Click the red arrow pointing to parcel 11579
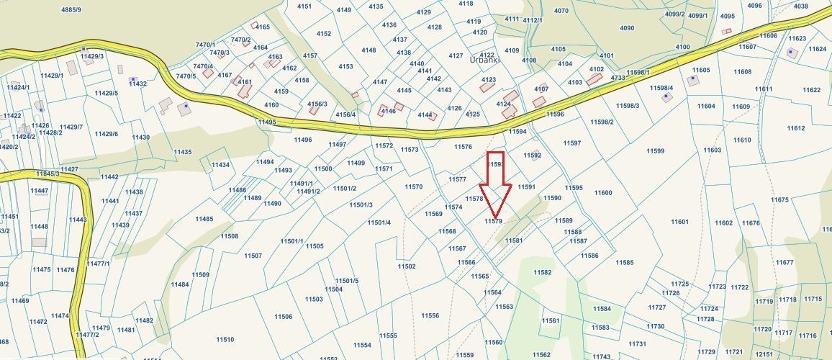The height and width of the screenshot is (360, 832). tap(495, 184)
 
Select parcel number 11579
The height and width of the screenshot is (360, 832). tap(493, 221)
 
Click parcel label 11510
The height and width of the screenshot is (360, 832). tap(225, 339)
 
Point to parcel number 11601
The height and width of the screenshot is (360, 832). tap(679, 222)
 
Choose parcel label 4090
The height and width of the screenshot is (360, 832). tap(627, 28)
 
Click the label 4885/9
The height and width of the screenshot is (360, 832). tap(71, 9)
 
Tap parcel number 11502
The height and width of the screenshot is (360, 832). tap(407, 266)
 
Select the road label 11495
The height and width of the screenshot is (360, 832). tap(266, 122)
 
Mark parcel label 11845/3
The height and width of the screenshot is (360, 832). tap(48, 174)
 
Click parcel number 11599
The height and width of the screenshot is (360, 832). tap(655, 150)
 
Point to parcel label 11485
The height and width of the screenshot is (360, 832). tap(204, 219)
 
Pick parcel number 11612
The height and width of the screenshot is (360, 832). tap(795, 128)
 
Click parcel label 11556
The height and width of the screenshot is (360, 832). tap(430, 315)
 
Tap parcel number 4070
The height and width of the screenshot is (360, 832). tap(561, 11)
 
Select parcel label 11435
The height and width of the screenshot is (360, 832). tap(183, 152)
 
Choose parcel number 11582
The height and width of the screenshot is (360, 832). tap(542, 272)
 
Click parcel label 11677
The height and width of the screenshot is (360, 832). tap(784, 262)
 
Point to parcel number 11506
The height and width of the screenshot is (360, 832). tap(284, 316)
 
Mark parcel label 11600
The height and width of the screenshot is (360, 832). tap(603, 192)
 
